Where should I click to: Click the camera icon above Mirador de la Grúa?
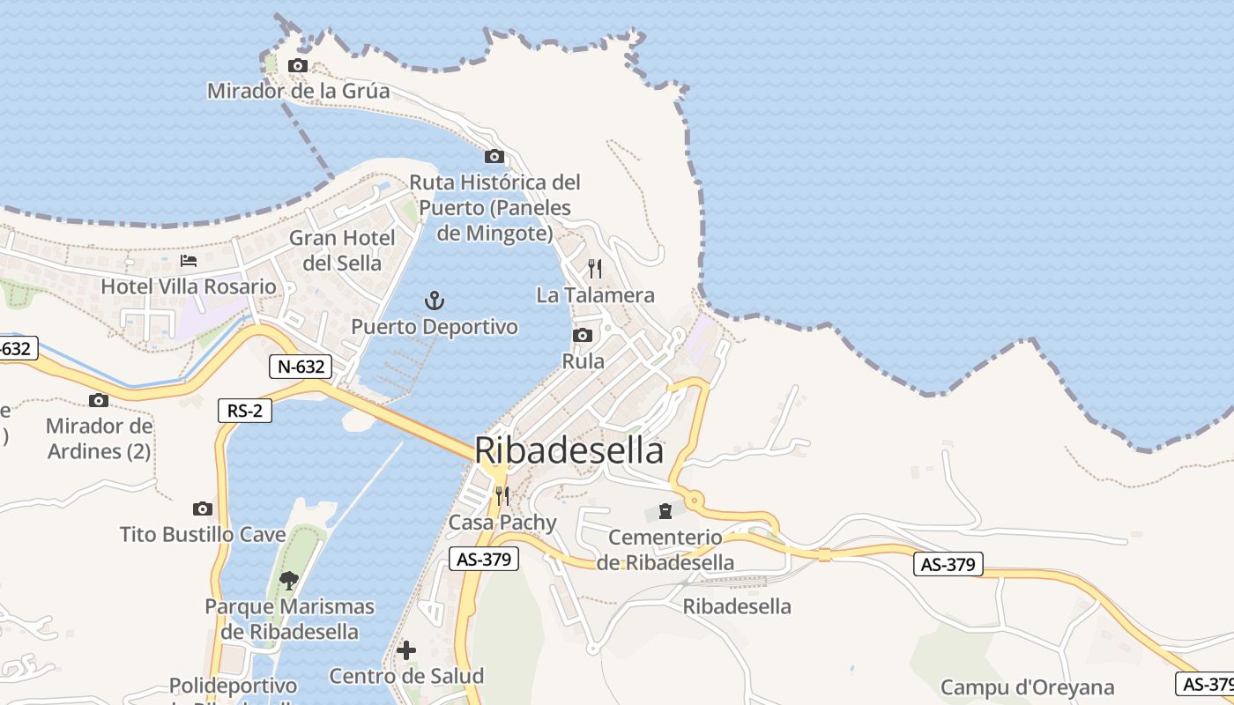click(298, 66)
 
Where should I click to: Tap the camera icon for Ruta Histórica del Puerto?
click(494, 157)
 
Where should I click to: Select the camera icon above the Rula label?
click(582, 336)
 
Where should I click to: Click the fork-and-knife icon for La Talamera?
click(595, 269)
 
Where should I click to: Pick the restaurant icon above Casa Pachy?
click(502, 496)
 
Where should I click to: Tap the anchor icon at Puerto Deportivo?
click(434, 301)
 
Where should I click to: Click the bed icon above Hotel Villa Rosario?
click(189, 261)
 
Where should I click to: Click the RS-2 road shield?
click(245, 410)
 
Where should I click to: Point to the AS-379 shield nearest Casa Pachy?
click(483, 559)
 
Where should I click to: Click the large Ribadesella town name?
click(569, 450)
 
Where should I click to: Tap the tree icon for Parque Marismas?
click(288, 580)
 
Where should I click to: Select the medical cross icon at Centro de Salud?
click(406, 650)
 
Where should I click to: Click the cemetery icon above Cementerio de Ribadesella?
click(665, 511)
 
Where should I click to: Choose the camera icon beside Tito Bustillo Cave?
click(203, 509)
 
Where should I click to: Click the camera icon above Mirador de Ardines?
click(99, 401)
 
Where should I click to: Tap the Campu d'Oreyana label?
click(1028, 687)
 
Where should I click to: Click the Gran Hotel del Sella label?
click(342, 250)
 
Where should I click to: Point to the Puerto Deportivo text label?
click(435, 327)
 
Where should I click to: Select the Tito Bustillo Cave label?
click(203, 535)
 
